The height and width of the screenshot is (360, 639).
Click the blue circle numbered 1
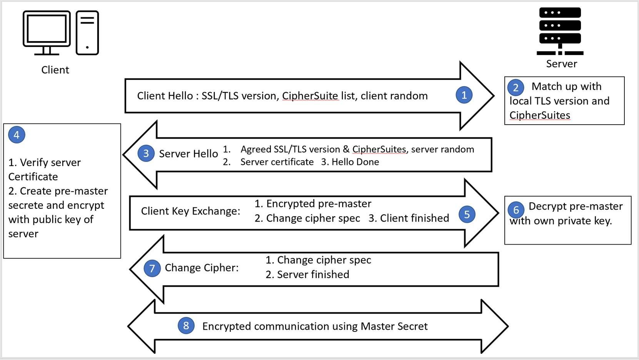[464, 95]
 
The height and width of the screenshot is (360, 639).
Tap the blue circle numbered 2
[516, 88]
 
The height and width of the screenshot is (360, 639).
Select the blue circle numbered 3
[146, 153]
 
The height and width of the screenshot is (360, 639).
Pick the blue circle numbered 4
[17, 135]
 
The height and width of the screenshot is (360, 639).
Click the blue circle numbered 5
[467, 214]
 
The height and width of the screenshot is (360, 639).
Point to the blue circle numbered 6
[516, 210]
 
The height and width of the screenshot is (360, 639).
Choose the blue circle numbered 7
[152, 268]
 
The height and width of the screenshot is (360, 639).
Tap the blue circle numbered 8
[186, 326]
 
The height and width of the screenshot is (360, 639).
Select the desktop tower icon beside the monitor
[87, 33]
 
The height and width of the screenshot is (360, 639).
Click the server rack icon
[560, 31]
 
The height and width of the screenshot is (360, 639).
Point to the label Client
[55, 70]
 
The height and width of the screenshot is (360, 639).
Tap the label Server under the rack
[561, 64]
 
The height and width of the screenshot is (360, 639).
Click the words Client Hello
[165, 96]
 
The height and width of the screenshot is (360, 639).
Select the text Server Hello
[189, 154]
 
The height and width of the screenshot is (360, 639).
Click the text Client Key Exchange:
[190, 211]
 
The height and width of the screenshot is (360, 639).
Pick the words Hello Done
[355, 162]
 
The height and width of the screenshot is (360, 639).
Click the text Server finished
[313, 275]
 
